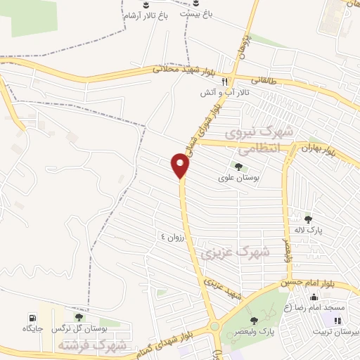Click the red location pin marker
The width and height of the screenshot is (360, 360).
pos(181,166)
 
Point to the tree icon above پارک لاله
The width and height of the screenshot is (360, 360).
pos(308,219)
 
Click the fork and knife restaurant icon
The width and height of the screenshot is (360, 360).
pos(224,81)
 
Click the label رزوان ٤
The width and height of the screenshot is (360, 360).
pos(171,237)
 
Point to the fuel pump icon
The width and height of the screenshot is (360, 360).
pos(32,317)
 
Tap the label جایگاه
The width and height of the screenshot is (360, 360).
pos(33,328)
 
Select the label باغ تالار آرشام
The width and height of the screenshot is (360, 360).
pos(146,16)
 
